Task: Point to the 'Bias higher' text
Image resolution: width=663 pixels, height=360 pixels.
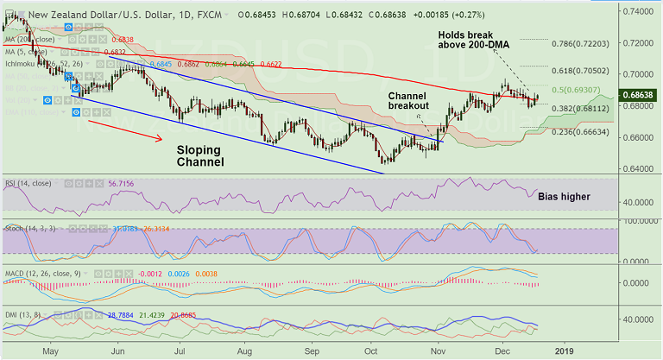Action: coord(564,197)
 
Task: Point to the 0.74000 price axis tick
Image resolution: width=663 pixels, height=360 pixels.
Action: coord(641,12)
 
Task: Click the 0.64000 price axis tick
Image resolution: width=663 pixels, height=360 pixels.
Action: coord(641,168)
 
